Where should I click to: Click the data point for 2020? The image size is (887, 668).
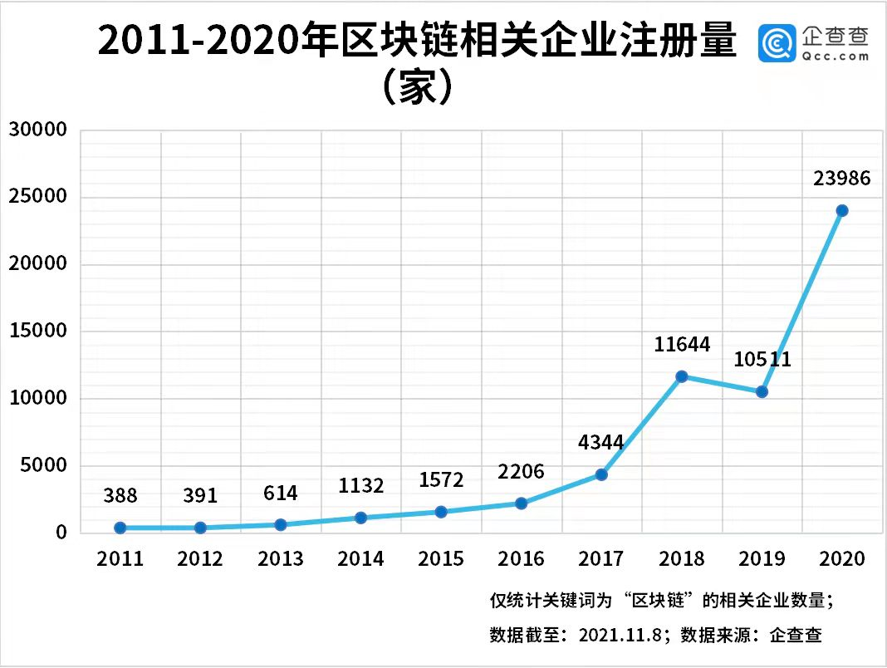pyautogui.click(x=842, y=210)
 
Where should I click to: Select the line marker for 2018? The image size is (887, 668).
pyautogui.click(x=682, y=376)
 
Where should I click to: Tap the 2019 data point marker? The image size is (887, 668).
pyautogui.click(x=762, y=391)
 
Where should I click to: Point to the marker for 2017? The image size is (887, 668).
pyautogui.click(x=601, y=474)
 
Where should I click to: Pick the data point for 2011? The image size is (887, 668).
pyautogui.click(x=120, y=528)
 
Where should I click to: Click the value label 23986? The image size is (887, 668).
pyautogui.click(x=842, y=178)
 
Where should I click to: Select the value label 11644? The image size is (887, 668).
pyautogui.click(x=682, y=344)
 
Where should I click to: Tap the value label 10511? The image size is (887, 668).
pyautogui.click(x=762, y=360)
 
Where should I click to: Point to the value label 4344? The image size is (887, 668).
pyautogui.click(x=601, y=442)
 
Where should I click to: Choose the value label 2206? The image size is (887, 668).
pyautogui.click(x=521, y=472)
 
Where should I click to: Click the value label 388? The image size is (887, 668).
pyautogui.click(x=120, y=496)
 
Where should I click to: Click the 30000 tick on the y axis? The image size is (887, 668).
pyautogui.click(x=37, y=130)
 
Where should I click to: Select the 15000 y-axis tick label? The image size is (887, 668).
pyautogui.click(x=37, y=332)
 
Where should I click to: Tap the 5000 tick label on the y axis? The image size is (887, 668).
pyautogui.click(x=42, y=466)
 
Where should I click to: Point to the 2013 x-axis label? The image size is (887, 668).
pyautogui.click(x=281, y=558)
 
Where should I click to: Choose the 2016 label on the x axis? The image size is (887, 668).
pyautogui.click(x=521, y=558)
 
